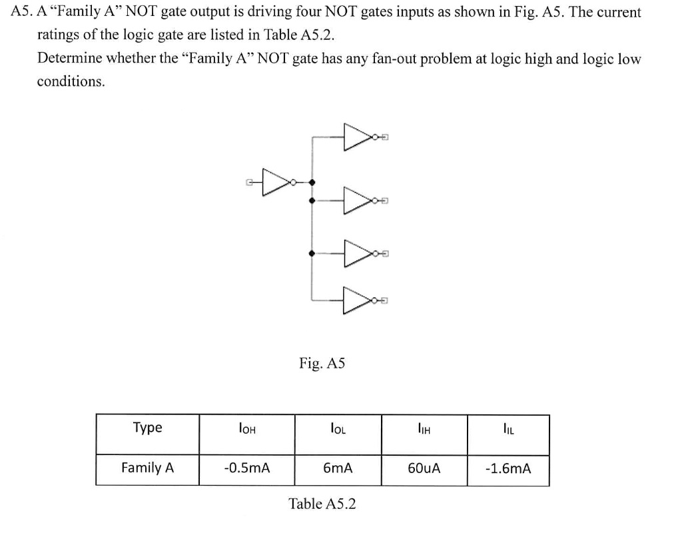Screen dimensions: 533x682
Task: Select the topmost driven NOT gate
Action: (356, 137)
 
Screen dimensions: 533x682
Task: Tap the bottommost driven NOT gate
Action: (356, 300)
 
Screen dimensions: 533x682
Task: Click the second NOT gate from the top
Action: (356, 200)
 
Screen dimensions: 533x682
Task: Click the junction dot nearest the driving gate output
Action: (313, 181)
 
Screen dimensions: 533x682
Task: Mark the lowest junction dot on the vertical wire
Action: (313, 253)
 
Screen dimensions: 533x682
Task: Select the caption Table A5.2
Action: (322, 504)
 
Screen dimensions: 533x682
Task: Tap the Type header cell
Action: (147, 428)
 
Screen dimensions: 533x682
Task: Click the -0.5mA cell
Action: (246, 468)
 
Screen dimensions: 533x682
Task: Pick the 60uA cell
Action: (424, 468)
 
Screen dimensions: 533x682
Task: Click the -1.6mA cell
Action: (508, 468)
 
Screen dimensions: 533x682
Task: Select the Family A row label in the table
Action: (147, 468)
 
